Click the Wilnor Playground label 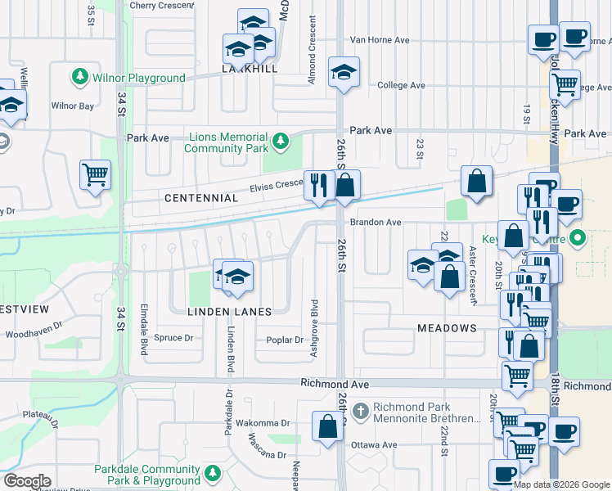tap(139, 78)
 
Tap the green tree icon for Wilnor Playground tap(80, 78)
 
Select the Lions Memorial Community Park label tap(227, 142)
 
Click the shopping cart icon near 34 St tap(95, 175)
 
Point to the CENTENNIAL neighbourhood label tap(200, 198)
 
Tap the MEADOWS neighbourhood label tap(447, 328)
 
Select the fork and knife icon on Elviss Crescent tap(317, 184)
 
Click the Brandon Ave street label tap(376, 222)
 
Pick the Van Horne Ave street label tap(379, 40)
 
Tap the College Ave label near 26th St tap(401, 85)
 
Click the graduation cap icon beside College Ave tap(344, 72)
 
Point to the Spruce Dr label tap(173, 337)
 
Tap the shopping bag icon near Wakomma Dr tap(327, 427)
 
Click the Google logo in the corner tap(28, 481)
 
